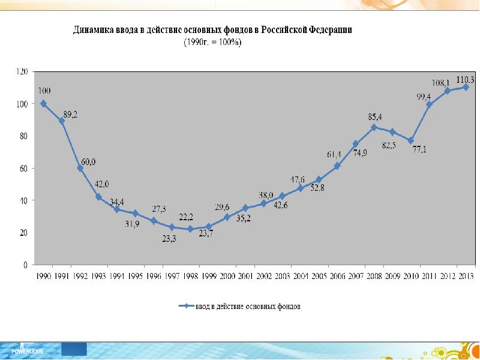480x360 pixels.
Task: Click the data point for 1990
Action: (44, 103)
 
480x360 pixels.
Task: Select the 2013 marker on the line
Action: (466, 87)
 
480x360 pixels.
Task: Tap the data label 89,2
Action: (70, 113)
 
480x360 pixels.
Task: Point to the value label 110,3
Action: (466, 79)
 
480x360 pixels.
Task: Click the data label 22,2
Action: (186, 217)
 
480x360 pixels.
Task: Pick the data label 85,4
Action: (375, 116)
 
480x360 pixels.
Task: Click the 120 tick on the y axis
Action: (22, 72)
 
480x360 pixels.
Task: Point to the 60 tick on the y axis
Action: (24, 169)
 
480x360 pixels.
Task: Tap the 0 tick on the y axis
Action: (26, 265)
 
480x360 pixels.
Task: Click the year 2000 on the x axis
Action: (228, 276)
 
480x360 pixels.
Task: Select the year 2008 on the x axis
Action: (374, 276)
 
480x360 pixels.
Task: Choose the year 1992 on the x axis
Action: (80, 276)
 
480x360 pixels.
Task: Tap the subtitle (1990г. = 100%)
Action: (212, 42)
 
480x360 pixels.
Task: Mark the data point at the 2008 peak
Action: (374, 127)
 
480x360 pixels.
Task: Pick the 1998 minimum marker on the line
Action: (190, 229)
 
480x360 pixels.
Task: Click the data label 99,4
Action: (424, 96)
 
